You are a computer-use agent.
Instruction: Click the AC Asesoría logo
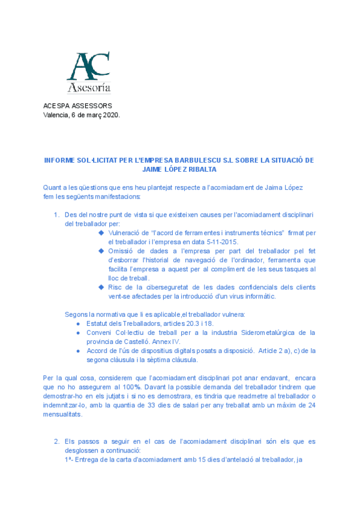[88, 73]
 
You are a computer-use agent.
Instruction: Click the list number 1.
[56, 215]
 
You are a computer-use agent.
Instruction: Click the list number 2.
[56, 442]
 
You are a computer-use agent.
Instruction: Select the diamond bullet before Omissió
[101, 251]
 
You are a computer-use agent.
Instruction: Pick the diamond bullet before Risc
[101, 288]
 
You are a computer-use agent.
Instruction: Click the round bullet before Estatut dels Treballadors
[79, 324]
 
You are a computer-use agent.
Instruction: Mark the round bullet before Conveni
[79, 333]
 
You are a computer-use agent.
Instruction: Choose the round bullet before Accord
[79, 351]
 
